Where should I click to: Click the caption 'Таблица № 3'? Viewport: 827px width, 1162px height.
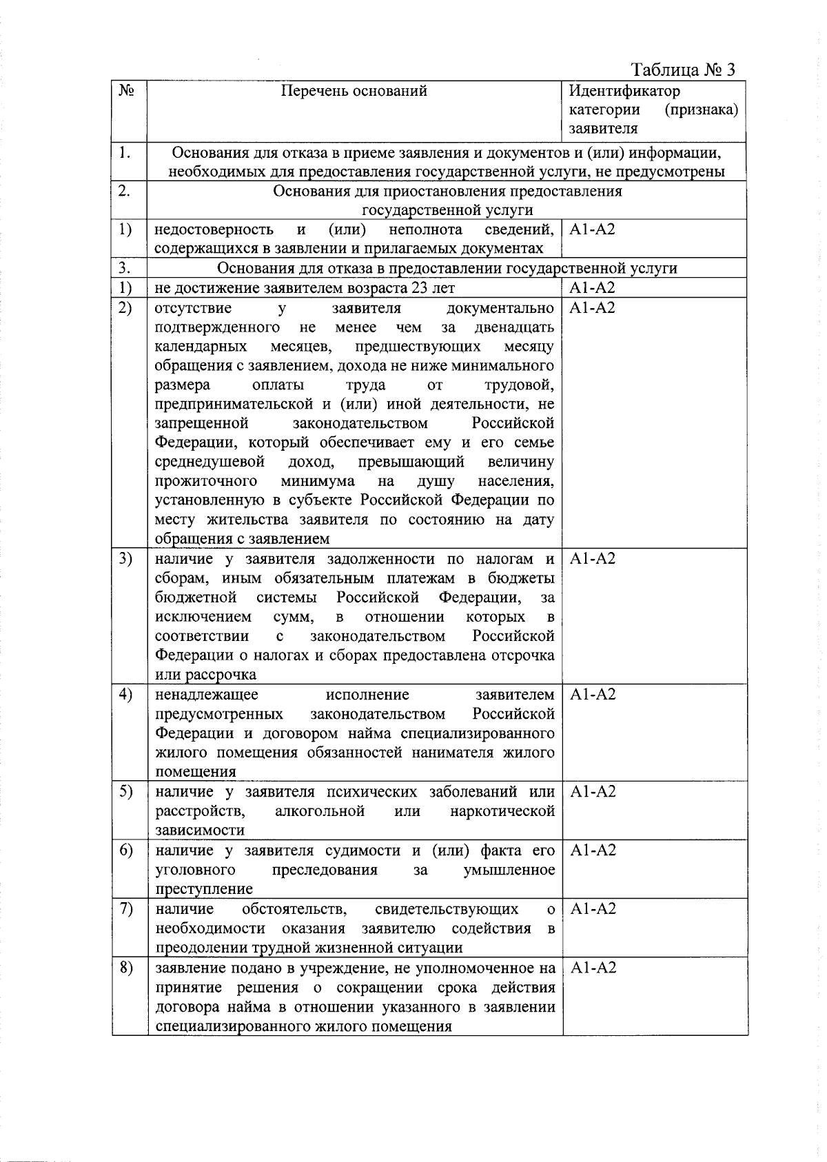point(683,70)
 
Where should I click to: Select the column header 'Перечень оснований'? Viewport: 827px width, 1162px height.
point(354,91)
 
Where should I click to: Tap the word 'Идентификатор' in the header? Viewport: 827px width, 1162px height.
point(624,91)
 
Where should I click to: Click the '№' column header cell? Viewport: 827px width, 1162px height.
point(126,90)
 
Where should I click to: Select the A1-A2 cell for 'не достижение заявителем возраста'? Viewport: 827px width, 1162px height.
point(592,288)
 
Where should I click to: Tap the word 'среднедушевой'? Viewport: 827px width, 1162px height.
point(210,461)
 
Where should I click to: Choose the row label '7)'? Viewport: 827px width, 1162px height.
point(125,909)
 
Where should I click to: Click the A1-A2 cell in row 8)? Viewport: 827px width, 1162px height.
point(592,968)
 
